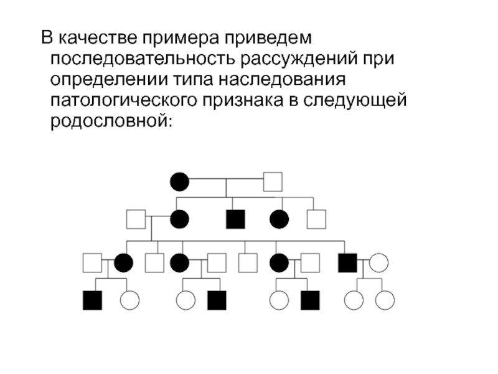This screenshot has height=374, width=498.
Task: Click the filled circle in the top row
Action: (179, 182)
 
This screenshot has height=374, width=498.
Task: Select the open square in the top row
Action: (273, 182)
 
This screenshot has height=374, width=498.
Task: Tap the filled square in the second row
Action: (235, 219)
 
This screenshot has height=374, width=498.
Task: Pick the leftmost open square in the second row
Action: (136, 219)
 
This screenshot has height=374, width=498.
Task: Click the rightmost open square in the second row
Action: (316, 219)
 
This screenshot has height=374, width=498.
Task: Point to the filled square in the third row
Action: (347, 262)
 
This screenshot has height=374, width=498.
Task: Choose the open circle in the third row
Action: (378, 262)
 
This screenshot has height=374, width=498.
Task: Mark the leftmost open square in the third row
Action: (92, 262)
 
